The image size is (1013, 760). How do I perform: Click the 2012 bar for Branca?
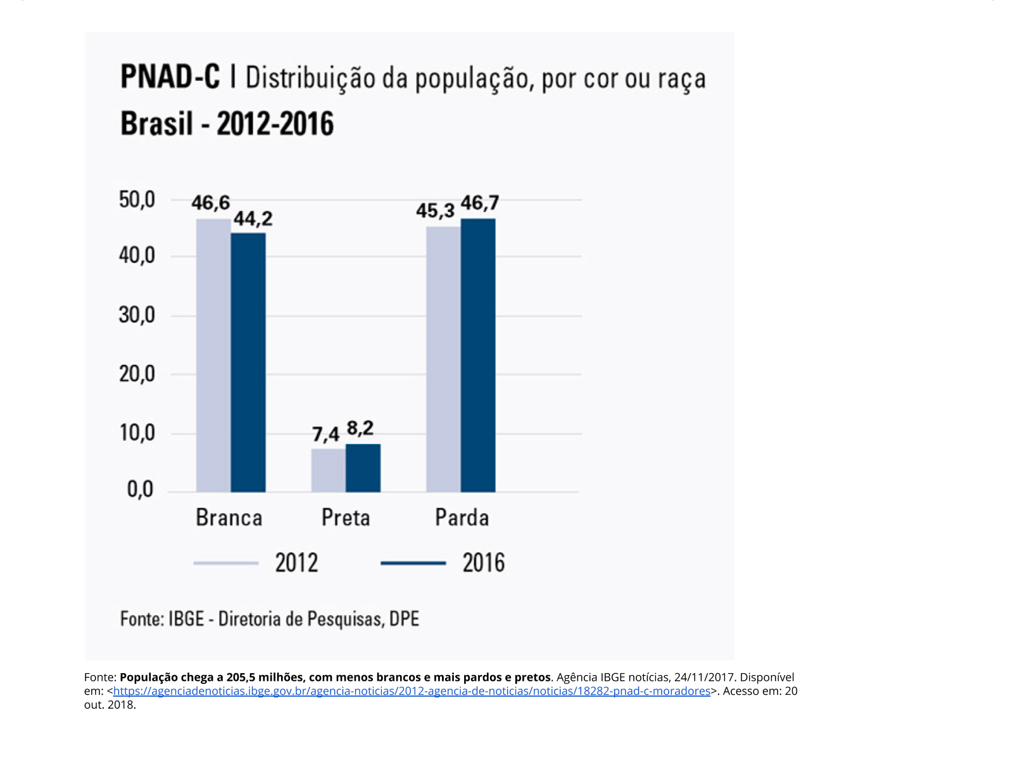click(213, 355)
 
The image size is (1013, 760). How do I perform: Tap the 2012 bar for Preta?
click(328, 470)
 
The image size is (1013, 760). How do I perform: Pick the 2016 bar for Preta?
click(363, 468)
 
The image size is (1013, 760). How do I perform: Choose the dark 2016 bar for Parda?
click(478, 355)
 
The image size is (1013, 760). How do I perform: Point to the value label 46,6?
click(211, 203)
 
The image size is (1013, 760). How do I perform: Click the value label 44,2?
click(253, 218)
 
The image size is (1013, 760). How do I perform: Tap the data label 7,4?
click(326, 434)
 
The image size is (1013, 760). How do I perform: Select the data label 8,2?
click(360, 429)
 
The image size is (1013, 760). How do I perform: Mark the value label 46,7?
click(480, 203)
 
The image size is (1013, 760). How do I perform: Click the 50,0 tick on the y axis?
click(137, 199)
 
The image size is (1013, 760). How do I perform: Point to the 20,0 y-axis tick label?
click(137, 374)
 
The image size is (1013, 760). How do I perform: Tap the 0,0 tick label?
click(140, 489)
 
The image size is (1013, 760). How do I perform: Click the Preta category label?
click(346, 517)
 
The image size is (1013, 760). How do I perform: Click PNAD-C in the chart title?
click(170, 77)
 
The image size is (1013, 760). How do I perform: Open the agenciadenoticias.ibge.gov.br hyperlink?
click(412, 691)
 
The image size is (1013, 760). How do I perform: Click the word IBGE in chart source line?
click(186, 619)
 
